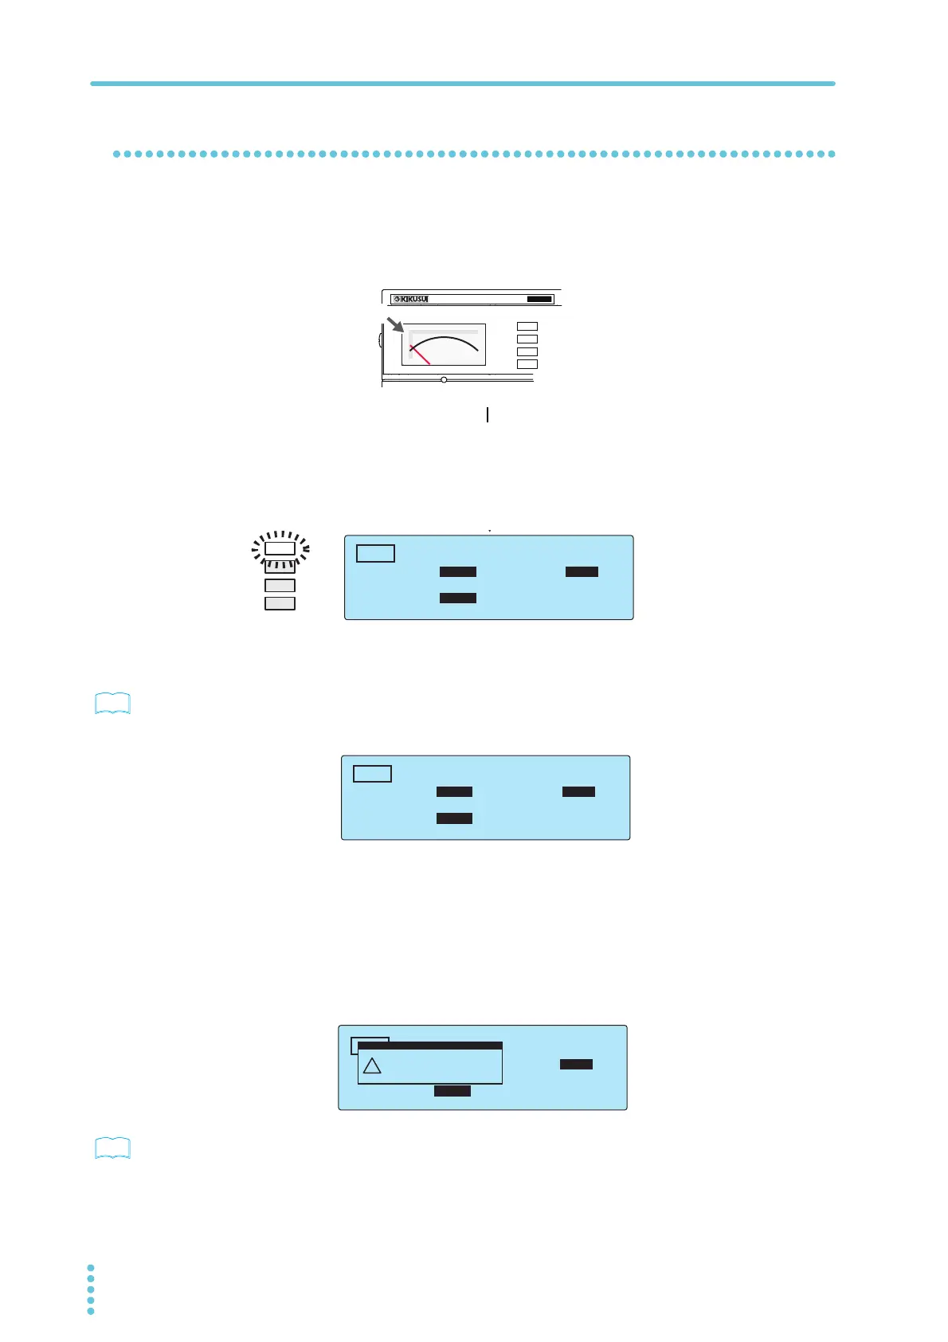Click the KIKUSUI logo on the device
(412, 300)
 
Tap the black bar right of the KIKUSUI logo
(539, 300)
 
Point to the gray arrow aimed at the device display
(395, 324)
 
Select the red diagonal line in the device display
(420, 355)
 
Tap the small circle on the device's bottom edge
(444, 380)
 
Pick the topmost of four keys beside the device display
(527, 327)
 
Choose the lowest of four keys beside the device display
(527, 364)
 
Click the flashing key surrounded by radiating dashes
(280, 548)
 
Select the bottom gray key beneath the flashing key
(280, 603)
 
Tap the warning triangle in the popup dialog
(372, 1066)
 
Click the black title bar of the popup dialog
(430, 1046)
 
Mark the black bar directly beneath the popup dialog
(452, 1091)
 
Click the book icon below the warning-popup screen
(112, 1148)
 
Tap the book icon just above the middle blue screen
(112, 704)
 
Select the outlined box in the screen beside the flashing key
(375, 553)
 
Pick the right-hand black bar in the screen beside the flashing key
(582, 572)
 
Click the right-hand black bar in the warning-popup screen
(576, 1065)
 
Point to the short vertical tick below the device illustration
(487, 414)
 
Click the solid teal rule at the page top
(462, 84)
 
